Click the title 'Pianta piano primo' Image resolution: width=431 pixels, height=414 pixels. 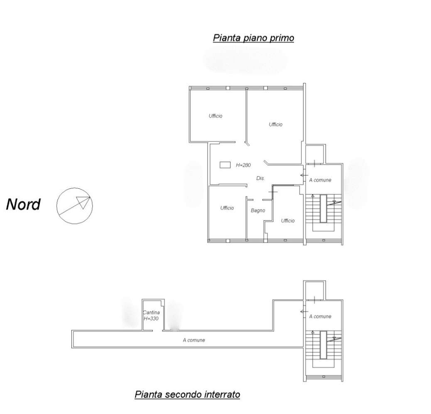point(253,38)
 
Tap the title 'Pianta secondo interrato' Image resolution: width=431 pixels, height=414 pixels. point(187,395)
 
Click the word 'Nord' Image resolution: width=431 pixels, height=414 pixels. point(23,204)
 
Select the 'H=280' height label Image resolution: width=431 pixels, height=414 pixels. point(243,165)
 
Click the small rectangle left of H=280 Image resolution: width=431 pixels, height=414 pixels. point(225,165)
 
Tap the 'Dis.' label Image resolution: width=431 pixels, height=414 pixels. point(261,178)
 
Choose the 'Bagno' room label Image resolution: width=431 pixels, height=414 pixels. point(258,211)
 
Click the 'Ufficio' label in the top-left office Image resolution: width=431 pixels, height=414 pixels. point(215,116)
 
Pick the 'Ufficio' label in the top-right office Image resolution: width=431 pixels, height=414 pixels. point(276,124)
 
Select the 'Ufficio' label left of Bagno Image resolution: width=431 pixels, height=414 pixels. point(227,208)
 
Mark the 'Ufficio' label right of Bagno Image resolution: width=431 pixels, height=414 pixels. point(288,220)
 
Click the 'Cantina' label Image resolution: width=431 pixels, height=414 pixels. point(151,312)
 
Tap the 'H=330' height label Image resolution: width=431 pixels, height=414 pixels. point(151,319)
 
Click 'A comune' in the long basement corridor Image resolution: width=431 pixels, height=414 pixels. point(194,340)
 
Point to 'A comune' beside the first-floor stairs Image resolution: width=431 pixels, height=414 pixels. point(320,180)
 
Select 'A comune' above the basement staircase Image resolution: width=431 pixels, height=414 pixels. point(320,316)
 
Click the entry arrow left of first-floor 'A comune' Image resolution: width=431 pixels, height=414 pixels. point(304,175)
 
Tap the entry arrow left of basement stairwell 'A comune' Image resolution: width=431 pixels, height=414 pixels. point(304,312)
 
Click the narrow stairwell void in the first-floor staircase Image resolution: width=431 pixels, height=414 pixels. point(323,209)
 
